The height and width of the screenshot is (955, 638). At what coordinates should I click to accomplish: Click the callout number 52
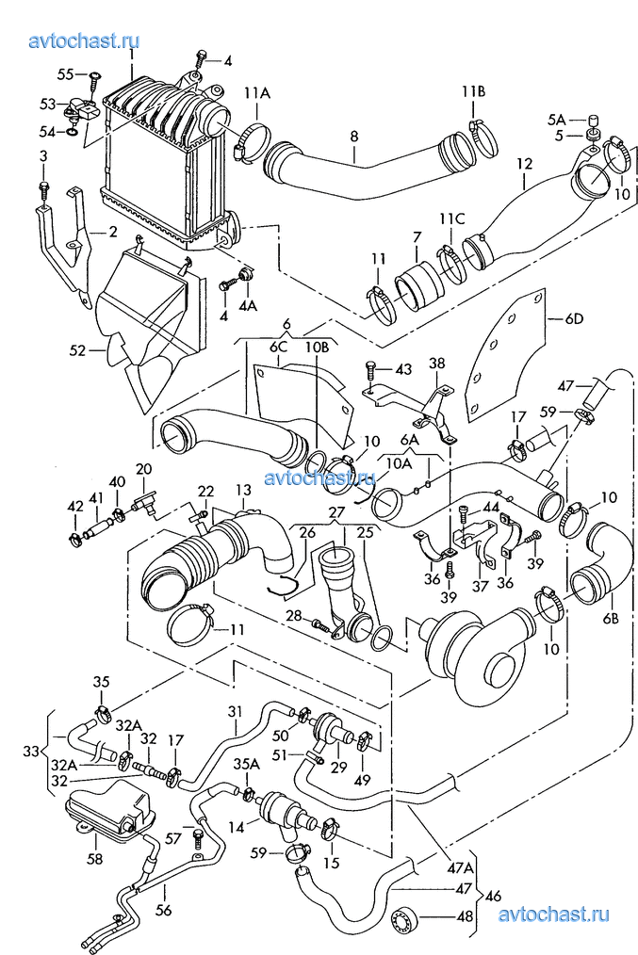(77, 351)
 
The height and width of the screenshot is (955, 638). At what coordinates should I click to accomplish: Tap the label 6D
(575, 318)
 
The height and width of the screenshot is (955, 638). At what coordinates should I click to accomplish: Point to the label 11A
(257, 93)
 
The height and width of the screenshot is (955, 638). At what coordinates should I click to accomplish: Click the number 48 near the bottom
(465, 916)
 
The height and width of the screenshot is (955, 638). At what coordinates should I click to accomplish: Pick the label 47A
(461, 866)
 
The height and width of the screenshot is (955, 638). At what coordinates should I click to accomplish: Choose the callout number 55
(66, 73)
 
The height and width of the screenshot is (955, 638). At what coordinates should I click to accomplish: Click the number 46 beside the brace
(495, 896)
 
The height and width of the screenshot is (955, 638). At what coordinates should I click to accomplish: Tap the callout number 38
(437, 364)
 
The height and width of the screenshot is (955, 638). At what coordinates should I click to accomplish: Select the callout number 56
(164, 911)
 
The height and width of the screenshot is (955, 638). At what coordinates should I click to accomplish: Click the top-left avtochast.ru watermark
(84, 40)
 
